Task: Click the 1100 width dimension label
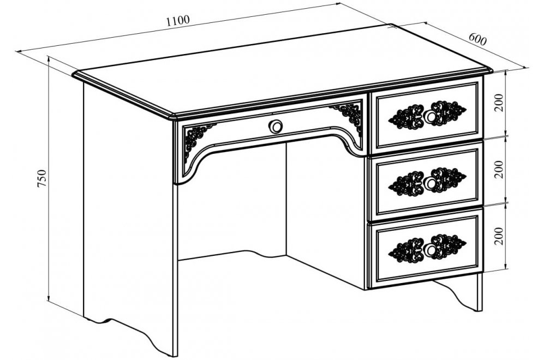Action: [178, 21]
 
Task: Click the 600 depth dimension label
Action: [478, 39]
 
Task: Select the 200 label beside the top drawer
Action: [499, 102]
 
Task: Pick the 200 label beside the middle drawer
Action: [499, 169]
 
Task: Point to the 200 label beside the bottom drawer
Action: [499, 236]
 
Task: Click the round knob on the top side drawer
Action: [431, 117]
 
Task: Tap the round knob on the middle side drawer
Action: [431, 183]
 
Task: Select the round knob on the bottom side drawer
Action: [431, 249]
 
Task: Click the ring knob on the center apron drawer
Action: [276, 127]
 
